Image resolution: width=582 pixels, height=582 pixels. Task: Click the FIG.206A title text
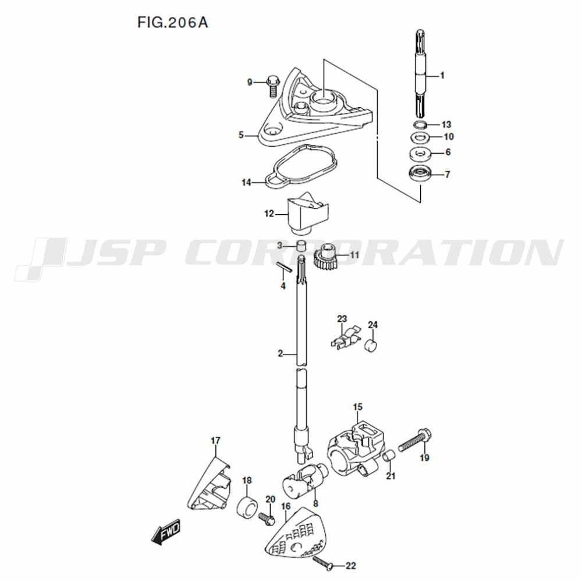click(173, 23)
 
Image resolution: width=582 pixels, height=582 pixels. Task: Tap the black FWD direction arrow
click(166, 531)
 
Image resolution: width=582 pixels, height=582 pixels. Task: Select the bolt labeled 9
click(271, 86)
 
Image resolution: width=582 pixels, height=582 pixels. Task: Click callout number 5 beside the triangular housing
click(241, 135)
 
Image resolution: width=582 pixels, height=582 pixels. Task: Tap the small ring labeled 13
click(420, 124)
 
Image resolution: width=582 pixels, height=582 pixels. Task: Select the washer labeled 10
click(420, 137)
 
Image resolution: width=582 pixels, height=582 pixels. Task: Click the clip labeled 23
click(345, 337)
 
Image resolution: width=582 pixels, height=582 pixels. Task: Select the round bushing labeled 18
click(247, 506)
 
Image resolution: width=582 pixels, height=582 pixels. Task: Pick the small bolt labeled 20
click(266, 517)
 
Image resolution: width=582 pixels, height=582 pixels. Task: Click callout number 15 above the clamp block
click(357, 407)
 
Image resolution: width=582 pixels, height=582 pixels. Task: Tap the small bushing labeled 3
click(302, 245)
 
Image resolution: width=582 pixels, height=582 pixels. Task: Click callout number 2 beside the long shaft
click(281, 353)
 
